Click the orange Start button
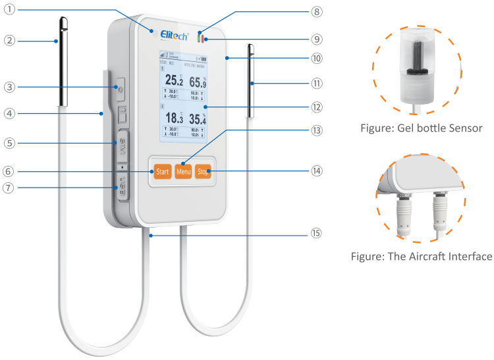(x=162, y=172)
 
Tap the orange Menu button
(x=183, y=172)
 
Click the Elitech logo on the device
(x=171, y=33)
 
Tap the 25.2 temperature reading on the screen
(x=174, y=81)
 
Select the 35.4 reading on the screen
(x=198, y=119)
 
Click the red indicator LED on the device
(x=206, y=38)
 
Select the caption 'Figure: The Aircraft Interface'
(x=421, y=256)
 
